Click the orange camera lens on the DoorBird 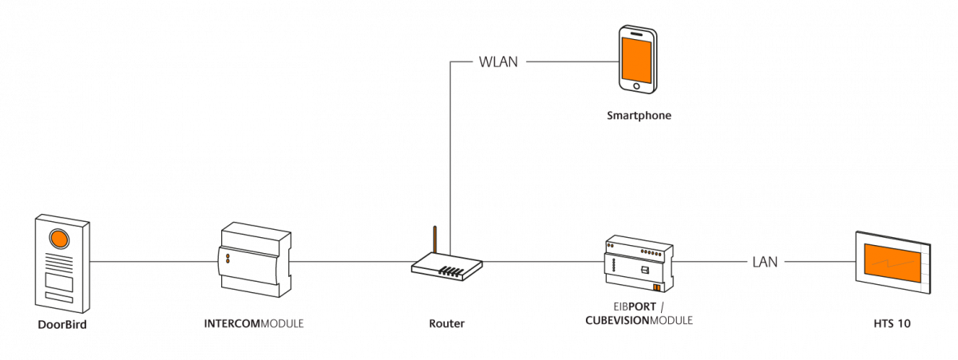click(x=60, y=239)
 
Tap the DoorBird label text click(x=62, y=324)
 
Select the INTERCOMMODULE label click(x=254, y=324)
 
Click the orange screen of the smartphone click(x=636, y=57)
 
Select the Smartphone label click(x=639, y=116)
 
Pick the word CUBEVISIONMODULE click(x=638, y=320)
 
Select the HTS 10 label click(x=892, y=324)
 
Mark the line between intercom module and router click(x=351, y=261)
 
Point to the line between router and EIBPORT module click(x=543, y=261)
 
